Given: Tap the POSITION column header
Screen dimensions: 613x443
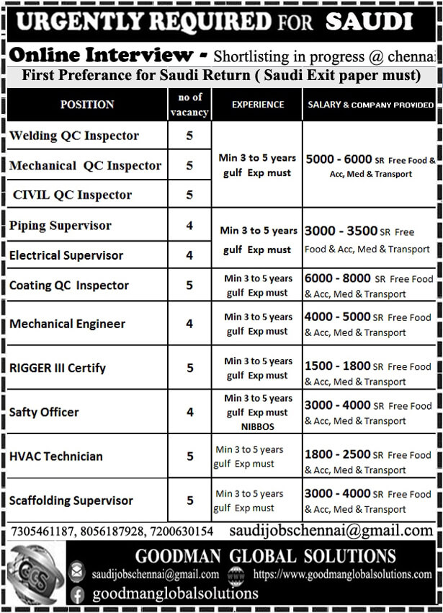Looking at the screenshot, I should [87, 105].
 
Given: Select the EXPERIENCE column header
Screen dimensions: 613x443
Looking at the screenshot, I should [258, 105].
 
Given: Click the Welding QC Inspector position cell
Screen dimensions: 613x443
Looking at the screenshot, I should [74, 136].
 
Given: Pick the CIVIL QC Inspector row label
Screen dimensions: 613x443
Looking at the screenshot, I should [73, 195].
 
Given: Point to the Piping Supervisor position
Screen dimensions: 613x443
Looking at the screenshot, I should [61, 226].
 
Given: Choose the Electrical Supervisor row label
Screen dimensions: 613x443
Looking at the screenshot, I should [66, 255].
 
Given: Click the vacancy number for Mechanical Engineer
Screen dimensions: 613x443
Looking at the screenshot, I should [189, 324].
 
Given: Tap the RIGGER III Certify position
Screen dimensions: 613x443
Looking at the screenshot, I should [58, 368].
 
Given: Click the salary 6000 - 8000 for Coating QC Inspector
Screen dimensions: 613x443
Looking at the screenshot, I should [338, 278].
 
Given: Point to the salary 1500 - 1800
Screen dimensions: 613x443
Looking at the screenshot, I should [338, 366].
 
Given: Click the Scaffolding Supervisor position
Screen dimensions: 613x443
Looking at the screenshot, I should [71, 500].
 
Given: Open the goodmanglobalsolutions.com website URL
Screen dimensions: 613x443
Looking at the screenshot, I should [342, 575].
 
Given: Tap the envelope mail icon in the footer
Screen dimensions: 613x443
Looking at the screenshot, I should [77, 574].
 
